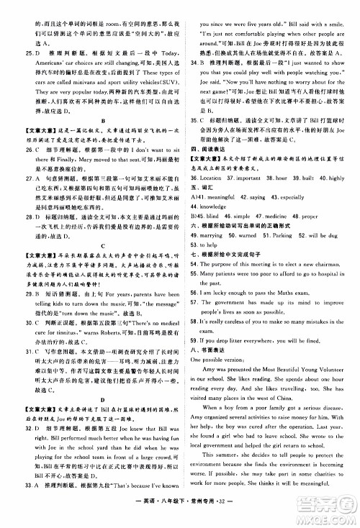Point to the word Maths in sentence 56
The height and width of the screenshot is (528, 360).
point(296,293)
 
